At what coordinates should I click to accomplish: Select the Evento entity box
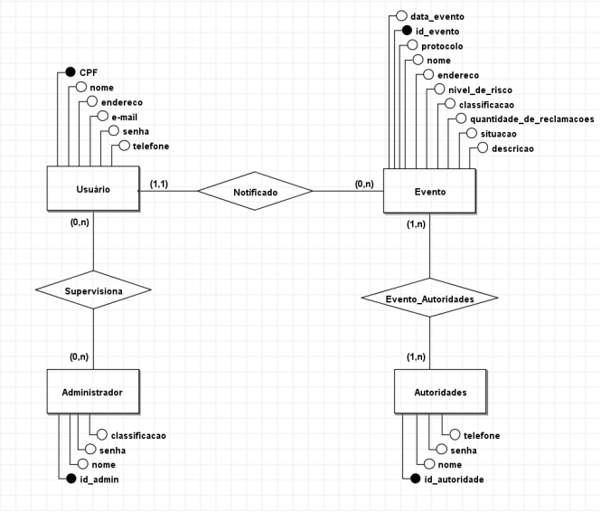pos(429,192)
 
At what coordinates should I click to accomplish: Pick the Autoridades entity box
pos(429,393)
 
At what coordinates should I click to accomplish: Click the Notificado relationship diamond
pos(256,192)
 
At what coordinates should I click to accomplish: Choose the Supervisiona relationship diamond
pos(92,290)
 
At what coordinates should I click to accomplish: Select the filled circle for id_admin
pos(70,479)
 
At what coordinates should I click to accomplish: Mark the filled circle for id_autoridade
pos(415,479)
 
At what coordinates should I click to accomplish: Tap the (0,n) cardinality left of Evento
pos(363,184)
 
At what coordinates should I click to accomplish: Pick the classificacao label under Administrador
pos(138,435)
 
